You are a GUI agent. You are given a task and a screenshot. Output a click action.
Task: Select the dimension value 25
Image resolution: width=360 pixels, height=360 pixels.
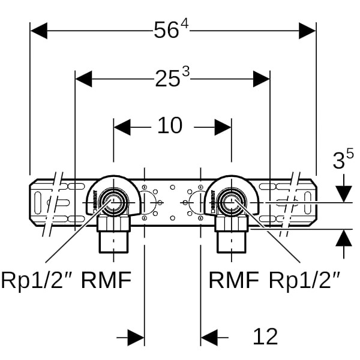tap(167, 79)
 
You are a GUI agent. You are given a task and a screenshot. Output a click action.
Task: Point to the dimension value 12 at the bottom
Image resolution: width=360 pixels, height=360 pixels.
tap(265, 337)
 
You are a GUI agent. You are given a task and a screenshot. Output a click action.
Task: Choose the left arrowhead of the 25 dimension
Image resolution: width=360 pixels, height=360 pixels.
tap(83, 79)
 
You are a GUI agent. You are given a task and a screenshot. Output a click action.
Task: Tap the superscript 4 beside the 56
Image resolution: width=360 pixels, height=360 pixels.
tap(185, 25)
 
